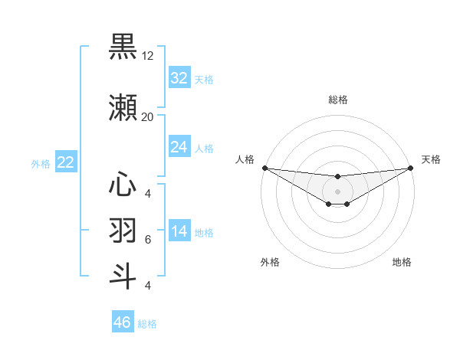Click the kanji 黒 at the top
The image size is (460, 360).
click(123, 47)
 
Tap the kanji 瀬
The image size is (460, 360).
click(123, 109)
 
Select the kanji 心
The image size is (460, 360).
click(123, 185)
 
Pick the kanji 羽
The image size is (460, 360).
click(123, 231)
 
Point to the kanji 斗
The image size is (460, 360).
click(123, 277)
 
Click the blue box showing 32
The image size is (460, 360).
click(179, 78)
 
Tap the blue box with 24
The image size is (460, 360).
click(179, 147)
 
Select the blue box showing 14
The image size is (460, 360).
click(179, 231)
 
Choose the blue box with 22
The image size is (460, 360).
click(66, 162)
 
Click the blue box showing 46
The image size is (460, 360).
click(123, 322)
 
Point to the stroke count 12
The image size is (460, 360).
click(148, 56)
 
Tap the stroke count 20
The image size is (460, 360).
click(148, 117)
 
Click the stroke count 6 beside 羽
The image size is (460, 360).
click(148, 240)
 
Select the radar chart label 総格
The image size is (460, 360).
click(338, 100)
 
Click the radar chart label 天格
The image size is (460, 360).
click(431, 159)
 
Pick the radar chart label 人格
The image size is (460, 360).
click(245, 159)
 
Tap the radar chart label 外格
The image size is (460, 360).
click(270, 262)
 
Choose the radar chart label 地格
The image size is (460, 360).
click(402, 262)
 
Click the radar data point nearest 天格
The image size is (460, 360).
click(410, 168)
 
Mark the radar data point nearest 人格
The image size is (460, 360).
click(264, 168)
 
